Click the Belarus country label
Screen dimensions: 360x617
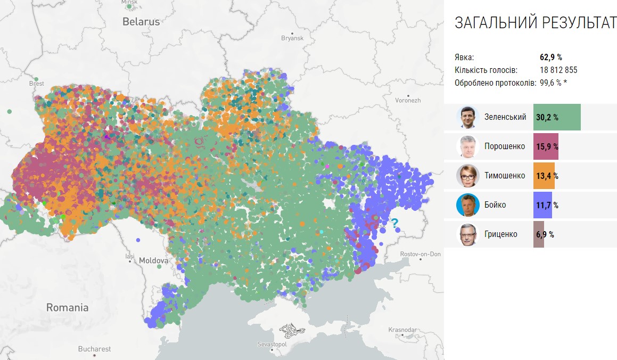tap(141, 22)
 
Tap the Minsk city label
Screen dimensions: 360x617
tap(129, 2)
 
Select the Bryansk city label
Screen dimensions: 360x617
tap(292, 38)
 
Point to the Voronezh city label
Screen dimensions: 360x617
tap(408, 100)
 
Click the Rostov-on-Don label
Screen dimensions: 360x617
tap(420, 254)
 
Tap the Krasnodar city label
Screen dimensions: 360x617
tap(402, 330)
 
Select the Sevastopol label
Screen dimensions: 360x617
tap(272, 345)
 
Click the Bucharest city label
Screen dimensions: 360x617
tap(94, 349)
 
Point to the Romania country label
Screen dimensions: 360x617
tap(67, 307)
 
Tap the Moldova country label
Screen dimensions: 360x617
tap(153, 261)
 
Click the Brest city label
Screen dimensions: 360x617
tap(37, 84)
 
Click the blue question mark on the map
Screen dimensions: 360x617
tap(395, 223)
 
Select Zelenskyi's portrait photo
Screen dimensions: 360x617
tap(467, 117)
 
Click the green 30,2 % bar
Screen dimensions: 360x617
tap(556, 117)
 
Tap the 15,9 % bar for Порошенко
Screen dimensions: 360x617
tap(546, 146)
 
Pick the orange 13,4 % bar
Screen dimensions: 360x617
tap(544, 176)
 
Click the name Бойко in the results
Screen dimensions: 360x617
tap(495, 205)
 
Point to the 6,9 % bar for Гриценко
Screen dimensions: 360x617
tap(539, 234)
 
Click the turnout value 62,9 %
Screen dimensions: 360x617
tap(551, 57)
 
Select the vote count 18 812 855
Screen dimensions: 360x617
tap(558, 70)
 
